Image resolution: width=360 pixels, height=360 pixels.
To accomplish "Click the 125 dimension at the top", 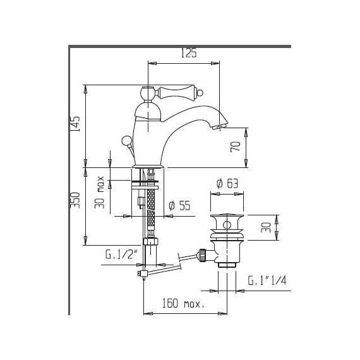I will (189, 54).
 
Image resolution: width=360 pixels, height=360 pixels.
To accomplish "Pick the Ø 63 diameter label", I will (227, 184).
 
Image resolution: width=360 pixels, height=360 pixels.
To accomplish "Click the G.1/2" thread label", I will (119, 255).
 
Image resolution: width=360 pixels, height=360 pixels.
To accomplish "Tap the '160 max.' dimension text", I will (185, 304).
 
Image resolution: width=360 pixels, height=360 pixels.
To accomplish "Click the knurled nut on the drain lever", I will (204, 255).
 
